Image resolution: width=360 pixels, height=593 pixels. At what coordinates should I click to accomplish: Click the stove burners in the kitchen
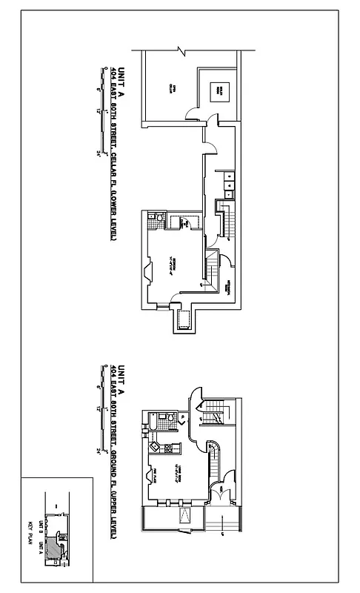click(168, 448)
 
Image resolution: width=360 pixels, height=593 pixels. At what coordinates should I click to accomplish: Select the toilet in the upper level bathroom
click(170, 419)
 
